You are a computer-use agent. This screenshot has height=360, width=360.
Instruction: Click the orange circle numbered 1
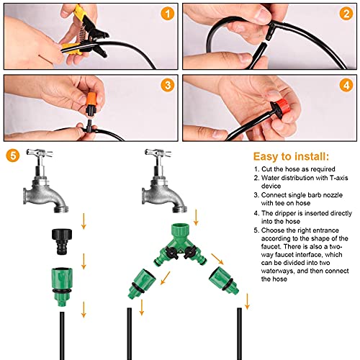[167, 14]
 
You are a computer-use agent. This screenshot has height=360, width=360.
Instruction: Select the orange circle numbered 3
[167, 86]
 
